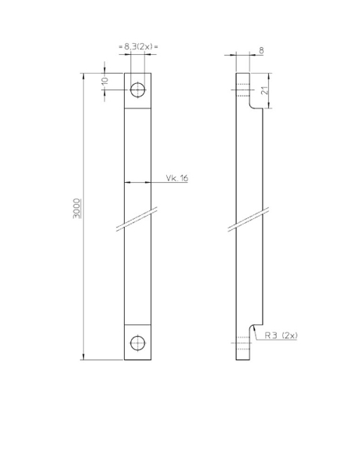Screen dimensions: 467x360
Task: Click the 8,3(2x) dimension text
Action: [x=137, y=49]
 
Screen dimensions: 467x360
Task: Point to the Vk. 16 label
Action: [x=176, y=179]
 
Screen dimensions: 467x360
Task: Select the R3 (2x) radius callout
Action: [x=281, y=335]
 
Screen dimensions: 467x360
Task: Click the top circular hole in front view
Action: [x=137, y=88]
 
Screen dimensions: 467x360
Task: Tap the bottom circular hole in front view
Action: [x=137, y=343]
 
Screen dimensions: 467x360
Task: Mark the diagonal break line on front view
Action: [x=137, y=220]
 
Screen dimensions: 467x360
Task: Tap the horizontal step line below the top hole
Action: [x=137, y=108]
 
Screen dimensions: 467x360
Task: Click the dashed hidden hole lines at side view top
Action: [x=241, y=88]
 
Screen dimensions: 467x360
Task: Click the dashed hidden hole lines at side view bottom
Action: [x=241, y=343]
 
